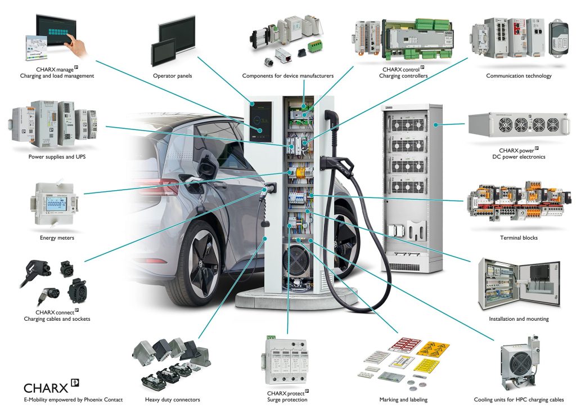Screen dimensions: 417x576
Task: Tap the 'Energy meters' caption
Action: tap(57, 237)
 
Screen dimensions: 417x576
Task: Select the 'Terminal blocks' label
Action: tap(518, 237)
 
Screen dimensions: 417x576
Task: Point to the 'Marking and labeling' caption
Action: tap(403, 400)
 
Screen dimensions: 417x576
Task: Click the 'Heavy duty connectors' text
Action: tap(172, 400)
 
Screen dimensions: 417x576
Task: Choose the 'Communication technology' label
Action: tap(518, 75)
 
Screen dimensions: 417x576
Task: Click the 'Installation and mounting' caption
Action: tap(518, 319)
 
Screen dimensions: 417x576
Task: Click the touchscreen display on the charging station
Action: tap(261, 120)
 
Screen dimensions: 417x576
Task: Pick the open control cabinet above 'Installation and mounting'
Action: tap(518, 284)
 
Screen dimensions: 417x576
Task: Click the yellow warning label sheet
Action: tap(433, 349)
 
